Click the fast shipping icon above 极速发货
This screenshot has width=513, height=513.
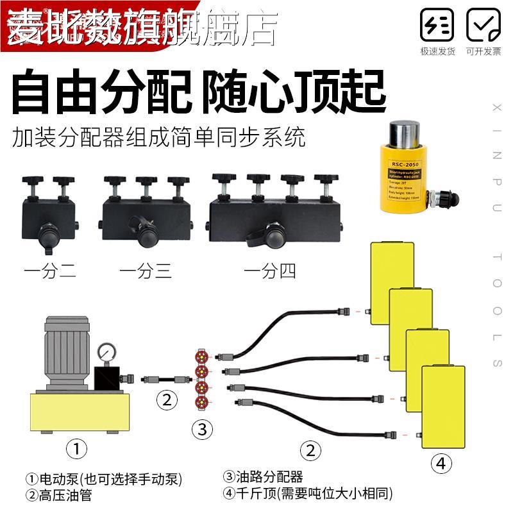point(437,26)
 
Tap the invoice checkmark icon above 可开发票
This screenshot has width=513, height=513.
point(483,26)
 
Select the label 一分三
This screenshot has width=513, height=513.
point(146,271)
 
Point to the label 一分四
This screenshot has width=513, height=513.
point(270,271)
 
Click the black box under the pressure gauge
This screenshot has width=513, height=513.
point(106,378)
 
